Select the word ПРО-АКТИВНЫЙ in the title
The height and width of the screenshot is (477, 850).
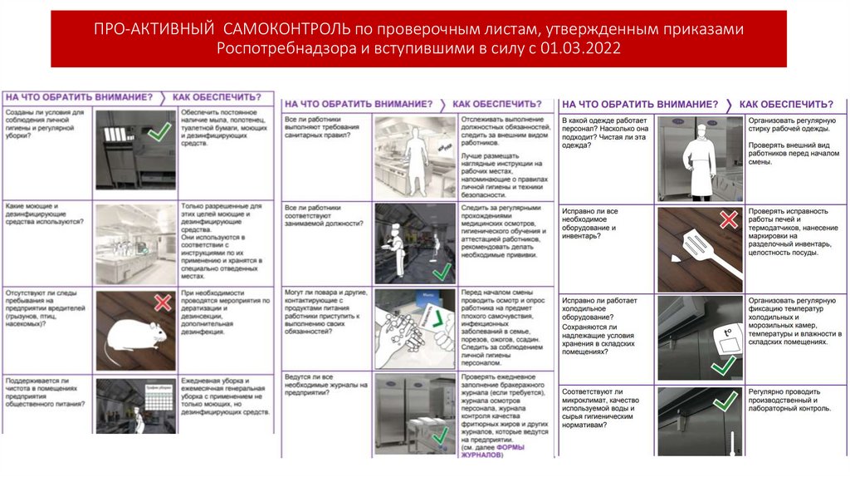pyautogui.click(x=155, y=29)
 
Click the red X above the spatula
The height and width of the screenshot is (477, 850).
pyautogui.click(x=728, y=219)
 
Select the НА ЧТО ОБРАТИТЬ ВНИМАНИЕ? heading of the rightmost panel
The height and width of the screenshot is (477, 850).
pyautogui.click(x=640, y=104)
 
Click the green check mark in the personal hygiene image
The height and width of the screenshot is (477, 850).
pyautogui.click(x=159, y=130)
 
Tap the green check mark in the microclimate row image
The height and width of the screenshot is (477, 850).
pyautogui.click(x=725, y=401)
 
